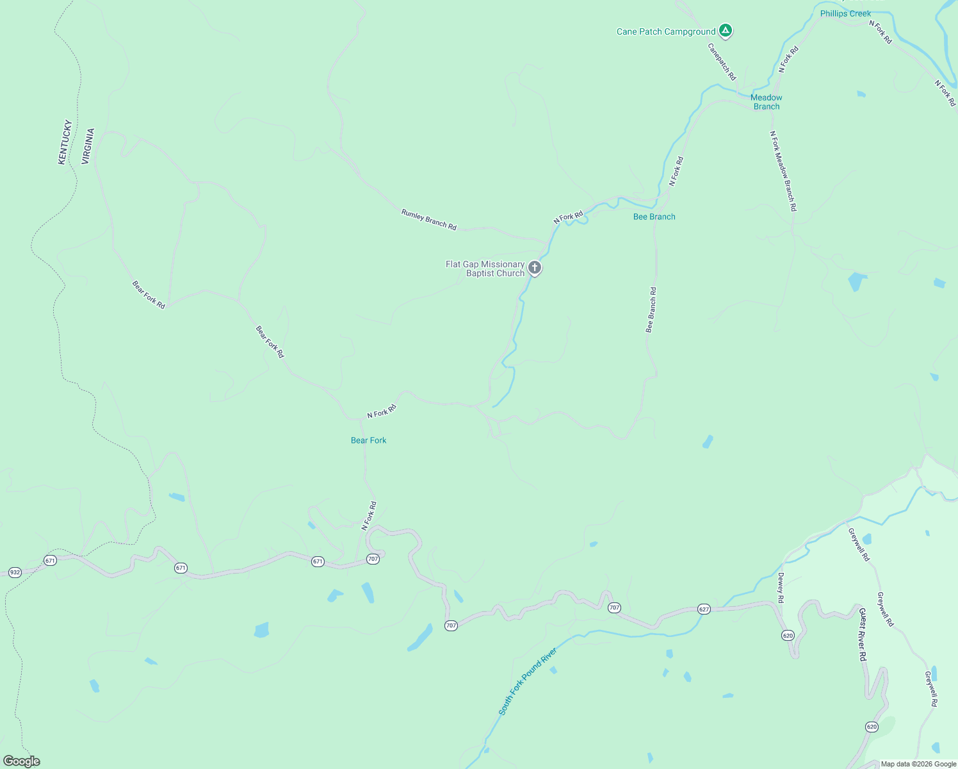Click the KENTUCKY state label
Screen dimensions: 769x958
pyautogui.click(x=65, y=142)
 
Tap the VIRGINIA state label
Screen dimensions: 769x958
pyautogui.click(x=88, y=146)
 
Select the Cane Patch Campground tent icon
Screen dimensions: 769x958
pyautogui.click(x=725, y=30)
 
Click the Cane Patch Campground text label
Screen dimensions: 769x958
pyautogui.click(x=665, y=31)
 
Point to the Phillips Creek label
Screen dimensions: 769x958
pyautogui.click(x=845, y=13)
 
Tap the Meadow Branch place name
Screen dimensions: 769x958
pyautogui.click(x=766, y=102)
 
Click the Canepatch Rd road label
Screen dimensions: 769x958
pyautogui.click(x=722, y=62)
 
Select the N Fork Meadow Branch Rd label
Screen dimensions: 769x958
pyautogui.click(x=783, y=171)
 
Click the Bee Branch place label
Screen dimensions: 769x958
pyautogui.click(x=654, y=217)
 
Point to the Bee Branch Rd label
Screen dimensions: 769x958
pyautogui.click(x=651, y=310)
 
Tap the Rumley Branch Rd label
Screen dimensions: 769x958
pyautogui.click(x=428, y=220)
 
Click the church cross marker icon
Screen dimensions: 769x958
pyautogui.click(x=535, y=267)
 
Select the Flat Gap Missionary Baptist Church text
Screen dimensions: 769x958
pyautogui.click(x=485, y=269)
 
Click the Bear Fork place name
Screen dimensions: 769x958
pyautogui.click(x=368, y=440)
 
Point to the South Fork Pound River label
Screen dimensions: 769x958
pyautogui.click(x=528, y=681)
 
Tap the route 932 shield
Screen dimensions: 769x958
pyautogui.click(x=15, y=572)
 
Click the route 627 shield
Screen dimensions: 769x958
pyautogui.click(x=704, y=609)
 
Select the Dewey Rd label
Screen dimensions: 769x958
pyautogui.click(x=781, y=588)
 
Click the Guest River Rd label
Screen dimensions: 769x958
pyautogui.click(x=862, y=634)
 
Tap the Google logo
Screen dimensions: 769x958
pyautogui.click(x=21, y=761)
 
